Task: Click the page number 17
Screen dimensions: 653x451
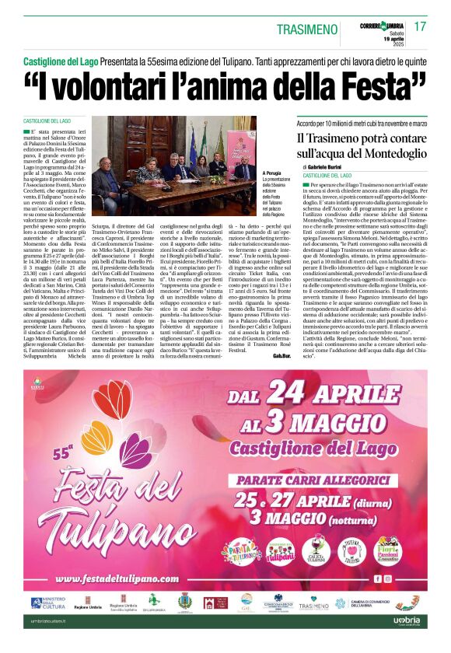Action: (421, 26)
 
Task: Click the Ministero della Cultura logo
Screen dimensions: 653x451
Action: (45, 603)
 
